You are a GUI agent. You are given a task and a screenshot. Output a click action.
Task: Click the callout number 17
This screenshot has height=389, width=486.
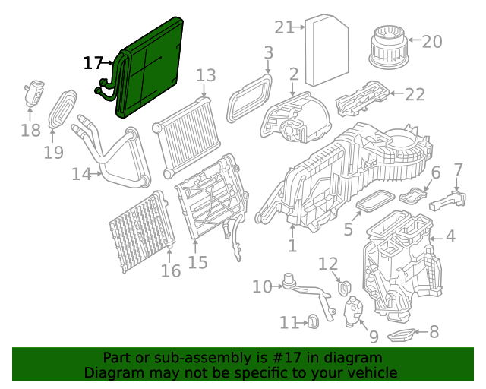pyautogui.click(x=93, y=63)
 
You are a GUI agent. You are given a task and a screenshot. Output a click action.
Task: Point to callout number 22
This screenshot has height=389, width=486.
pyautogui.click(x=415, y=94)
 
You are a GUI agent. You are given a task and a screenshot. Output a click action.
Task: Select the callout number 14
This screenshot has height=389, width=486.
pyautogui.click(x=81, y=174)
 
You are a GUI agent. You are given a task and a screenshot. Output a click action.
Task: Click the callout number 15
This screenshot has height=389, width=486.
pyautogui.click(x=197, y=262)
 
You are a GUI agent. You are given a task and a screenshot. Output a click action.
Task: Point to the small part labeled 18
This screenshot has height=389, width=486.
pyautogui.click(x=34, y=93)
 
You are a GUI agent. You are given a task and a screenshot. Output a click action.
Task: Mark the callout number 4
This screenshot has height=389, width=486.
pyautogui.click(x=450, y=236)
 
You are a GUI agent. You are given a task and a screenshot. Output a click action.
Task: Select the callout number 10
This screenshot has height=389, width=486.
pyautogui.click(x=262, y=286)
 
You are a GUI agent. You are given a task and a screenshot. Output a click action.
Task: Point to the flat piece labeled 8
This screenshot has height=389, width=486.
pyautogui.click(x=402, y=334)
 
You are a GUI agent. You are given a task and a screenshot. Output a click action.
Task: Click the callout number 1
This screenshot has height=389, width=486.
pyautogui.click(x=292, y=246)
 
